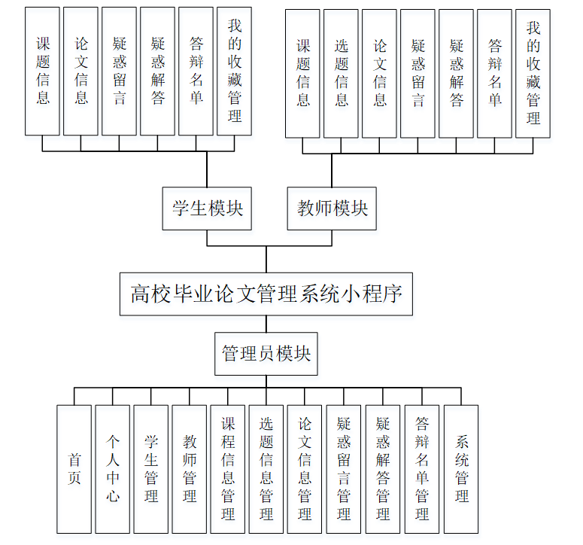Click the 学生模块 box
(207, 209)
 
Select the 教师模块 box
(332, 209)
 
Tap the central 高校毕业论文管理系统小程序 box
(266, 293)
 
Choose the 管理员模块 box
(266, 353)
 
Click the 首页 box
(74, 468)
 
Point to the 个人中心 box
(113, 468)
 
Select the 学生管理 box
(151, 468)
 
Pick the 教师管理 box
(190, 468)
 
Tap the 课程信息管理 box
(228, 468)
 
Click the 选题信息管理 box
(266, 468)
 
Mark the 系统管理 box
(461, 468)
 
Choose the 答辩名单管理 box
(422, 468)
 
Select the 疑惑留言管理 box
(344, 468)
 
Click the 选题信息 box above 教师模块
(342, 73)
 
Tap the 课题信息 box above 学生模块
(42, 72)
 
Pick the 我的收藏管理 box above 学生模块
(234, 72)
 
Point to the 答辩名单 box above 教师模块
(494, 73)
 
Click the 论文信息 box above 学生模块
(80, 72)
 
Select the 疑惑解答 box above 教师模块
(456, 73)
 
